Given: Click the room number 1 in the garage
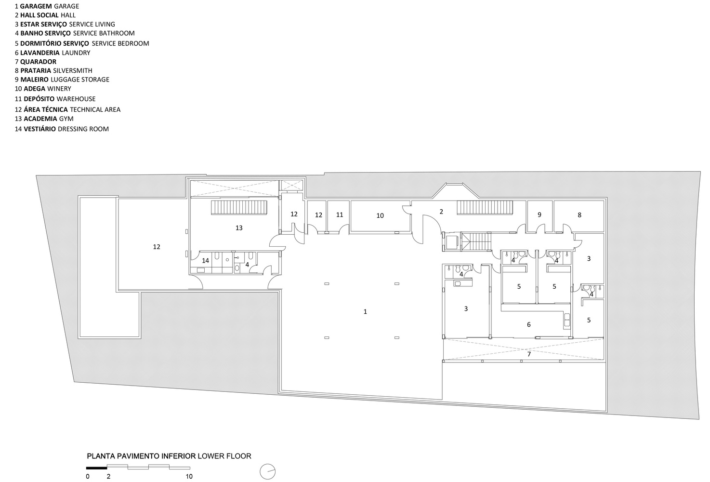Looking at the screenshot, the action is tap(365, 312).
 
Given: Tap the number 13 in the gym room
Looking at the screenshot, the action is tap(239, 228).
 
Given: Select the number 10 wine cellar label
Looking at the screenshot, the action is tap(380, 215).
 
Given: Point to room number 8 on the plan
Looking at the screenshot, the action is tap(579, 215).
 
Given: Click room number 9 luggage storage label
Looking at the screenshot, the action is tap(539, 214).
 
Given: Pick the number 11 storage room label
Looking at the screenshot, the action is tap(340, 214).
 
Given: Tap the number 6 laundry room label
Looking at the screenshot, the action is tap(529, 324).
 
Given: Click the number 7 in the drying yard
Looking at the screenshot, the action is tap(529, 354).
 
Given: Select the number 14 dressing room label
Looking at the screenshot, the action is tap(205, 260).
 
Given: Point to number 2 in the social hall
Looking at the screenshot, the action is tap(441, 212).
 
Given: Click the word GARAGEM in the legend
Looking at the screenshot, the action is tap(36, 6).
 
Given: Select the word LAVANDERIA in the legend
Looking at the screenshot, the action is tap(40, 53).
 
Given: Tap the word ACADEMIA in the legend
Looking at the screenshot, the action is tap(40, 119).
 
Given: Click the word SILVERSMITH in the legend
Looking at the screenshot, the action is tap(73, 70).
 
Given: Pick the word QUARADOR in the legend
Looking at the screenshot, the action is tap(39, 62).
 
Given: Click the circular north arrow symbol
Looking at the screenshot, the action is tap(267, 472).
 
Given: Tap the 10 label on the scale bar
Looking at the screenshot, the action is tap(189, 476).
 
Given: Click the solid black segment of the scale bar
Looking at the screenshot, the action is tap(97, 468).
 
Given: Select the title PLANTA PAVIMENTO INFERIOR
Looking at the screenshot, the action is tap(141, 456).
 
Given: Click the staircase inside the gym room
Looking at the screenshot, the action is tap(239, 207).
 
